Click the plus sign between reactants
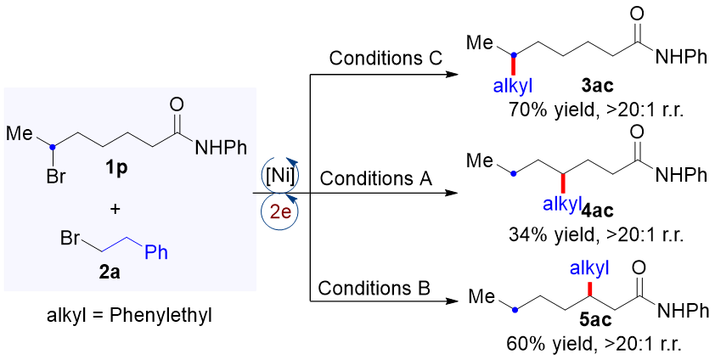pos(115,208)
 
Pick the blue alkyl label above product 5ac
pos(589,269)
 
